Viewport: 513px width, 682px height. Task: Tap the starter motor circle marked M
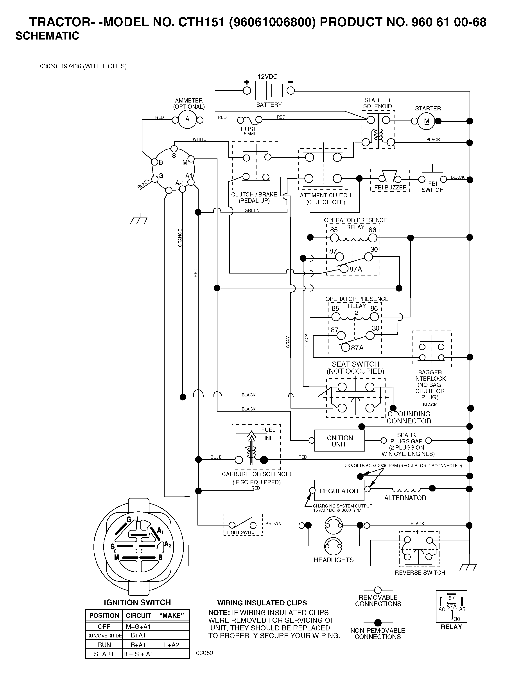[x=426, y=121]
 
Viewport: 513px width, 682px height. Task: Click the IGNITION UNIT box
[x=339, y=441]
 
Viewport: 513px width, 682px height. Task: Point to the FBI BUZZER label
[x=390, y=187]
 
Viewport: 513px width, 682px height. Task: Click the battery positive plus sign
[x=246, y=82]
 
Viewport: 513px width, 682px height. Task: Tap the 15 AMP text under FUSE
[x=249, y=134]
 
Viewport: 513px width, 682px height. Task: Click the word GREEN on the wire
[x=252, y=210]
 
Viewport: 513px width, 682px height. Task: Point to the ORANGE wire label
[x=180, y=238]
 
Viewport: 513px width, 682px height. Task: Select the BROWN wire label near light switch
[x=273, y=523]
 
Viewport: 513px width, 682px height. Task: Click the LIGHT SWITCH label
[x=242, y=532]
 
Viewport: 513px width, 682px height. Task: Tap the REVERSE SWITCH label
[x=420, y=572]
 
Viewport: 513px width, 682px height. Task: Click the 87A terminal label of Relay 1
[x=356, y=269]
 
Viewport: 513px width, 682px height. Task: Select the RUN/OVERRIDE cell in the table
[x=104, y=635]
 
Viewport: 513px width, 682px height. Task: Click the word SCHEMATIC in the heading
[x=47, y=36]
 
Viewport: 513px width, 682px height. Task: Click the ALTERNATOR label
[x=405, y=498]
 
